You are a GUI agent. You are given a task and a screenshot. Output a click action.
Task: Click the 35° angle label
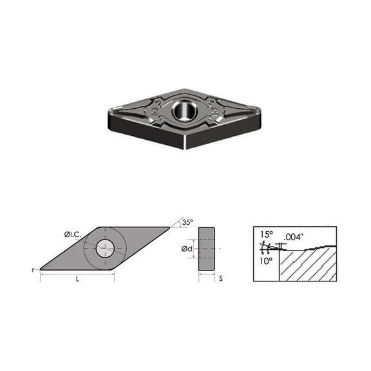pyautogui.click(x=186, y=222)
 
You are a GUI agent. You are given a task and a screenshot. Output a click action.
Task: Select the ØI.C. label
pyautogui.click(x=73, y=234)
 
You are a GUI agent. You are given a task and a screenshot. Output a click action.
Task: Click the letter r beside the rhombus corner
pyautogui.click(x=33, y=270)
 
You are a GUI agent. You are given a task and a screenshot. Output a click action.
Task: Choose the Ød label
pyautogui.click(x=187, y=248)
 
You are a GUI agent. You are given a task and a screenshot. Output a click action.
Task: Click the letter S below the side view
pyautogui.click(x=220, y=279)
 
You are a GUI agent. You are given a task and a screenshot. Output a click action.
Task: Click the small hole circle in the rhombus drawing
pyautogui.click(x=104, y=247)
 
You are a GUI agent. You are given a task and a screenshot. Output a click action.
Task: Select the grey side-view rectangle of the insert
pyautogui.click(x=207, y=248)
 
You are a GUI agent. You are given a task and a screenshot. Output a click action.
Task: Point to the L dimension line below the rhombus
pyautogui.click(x=78, y=274)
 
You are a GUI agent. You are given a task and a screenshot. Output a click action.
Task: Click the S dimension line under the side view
pyautogui.click(x=207, y=274)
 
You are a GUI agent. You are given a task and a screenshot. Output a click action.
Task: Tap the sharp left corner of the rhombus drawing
pyautogui.click(x=41, y=269)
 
